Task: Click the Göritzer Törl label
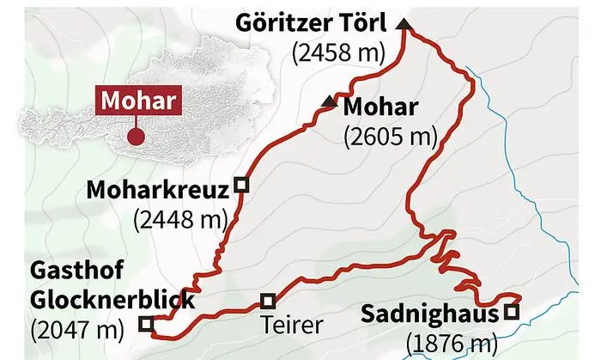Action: coord(315,21)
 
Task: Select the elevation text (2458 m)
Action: coord(337,52)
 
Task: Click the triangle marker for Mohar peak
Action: coord(328,102)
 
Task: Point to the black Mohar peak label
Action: coord(379,107)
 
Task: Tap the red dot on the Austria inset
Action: coord(135,136)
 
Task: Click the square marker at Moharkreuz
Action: coord(241,184)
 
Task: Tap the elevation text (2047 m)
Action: coord(75,327)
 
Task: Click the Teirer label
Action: coord(293,326)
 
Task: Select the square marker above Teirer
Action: coord(268,301)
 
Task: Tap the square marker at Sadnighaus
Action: coord(512,312)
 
